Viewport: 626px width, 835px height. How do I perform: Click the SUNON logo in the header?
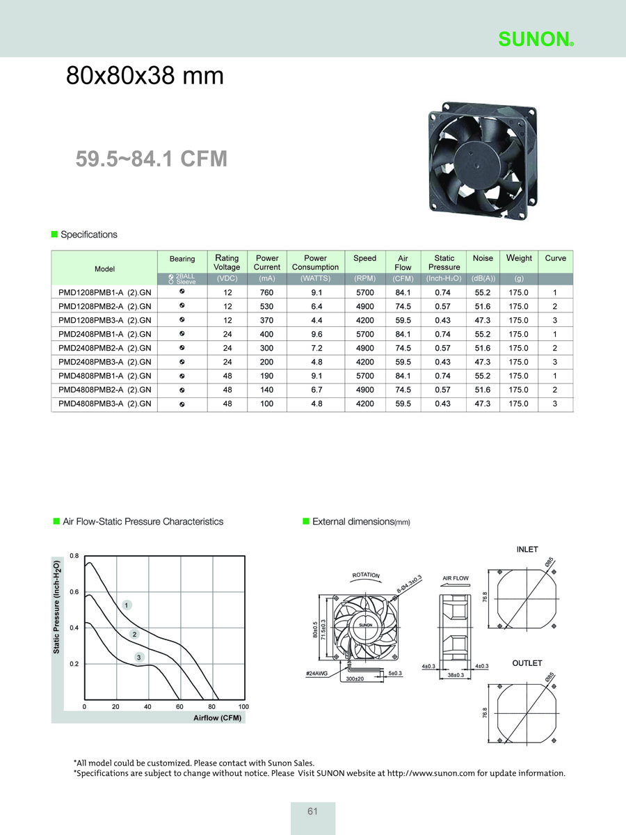click(x=536, y=39)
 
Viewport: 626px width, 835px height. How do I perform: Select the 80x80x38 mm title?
click(x=145, y=75)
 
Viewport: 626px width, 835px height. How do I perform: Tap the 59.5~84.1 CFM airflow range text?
click(x=151, y=159)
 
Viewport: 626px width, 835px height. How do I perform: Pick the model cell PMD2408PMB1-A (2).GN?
click(x=104, y=334)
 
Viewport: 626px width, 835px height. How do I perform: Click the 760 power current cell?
click(x=266, y=292)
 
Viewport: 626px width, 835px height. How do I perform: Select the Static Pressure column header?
click(x=444, y=262)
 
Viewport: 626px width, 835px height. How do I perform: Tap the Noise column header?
click(x=483, y=258)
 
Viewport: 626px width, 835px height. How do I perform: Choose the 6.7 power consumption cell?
click(x=316, y=390)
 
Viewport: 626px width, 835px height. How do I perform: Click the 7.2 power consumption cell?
click(x=316, y=348)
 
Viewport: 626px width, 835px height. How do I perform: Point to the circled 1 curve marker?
click(x=127, y=605)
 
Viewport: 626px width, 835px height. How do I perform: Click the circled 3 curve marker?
click(x=139, y=657)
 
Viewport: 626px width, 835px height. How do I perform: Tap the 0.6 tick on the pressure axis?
click(x=74, y=592)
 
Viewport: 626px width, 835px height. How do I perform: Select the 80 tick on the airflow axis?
click(x=211, y=706)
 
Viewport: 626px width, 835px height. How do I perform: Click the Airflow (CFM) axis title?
click(x=218, y=718)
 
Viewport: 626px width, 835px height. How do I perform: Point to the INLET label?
click(x=527, y=549)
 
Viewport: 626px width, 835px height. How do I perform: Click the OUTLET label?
click(x=527, y=663)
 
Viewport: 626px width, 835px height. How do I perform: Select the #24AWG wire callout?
click(x=316, y=674)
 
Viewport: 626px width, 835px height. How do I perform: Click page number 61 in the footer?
click(x=312, y=811)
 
